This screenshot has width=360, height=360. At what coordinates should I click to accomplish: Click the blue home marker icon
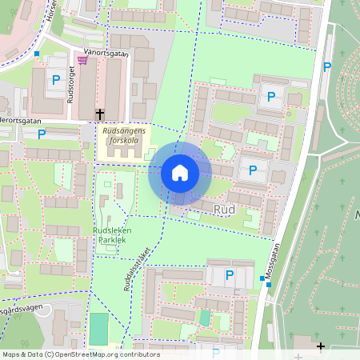point(180,173)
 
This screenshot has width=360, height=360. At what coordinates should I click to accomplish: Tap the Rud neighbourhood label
point(224,208)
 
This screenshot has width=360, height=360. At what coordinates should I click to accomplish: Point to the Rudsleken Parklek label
point(109,233)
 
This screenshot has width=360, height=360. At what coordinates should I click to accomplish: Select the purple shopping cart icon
point(82,59)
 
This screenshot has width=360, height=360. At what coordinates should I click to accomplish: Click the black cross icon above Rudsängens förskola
point(100,114)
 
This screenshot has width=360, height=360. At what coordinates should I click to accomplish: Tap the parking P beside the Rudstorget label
point(55,79)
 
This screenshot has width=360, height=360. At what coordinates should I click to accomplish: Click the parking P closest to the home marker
point(254,170)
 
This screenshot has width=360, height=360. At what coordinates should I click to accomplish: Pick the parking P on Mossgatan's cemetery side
point(327,66)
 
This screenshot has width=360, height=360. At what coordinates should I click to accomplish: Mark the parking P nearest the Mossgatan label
point(230,274)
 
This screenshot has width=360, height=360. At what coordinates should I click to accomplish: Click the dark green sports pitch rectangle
point(98,328)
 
